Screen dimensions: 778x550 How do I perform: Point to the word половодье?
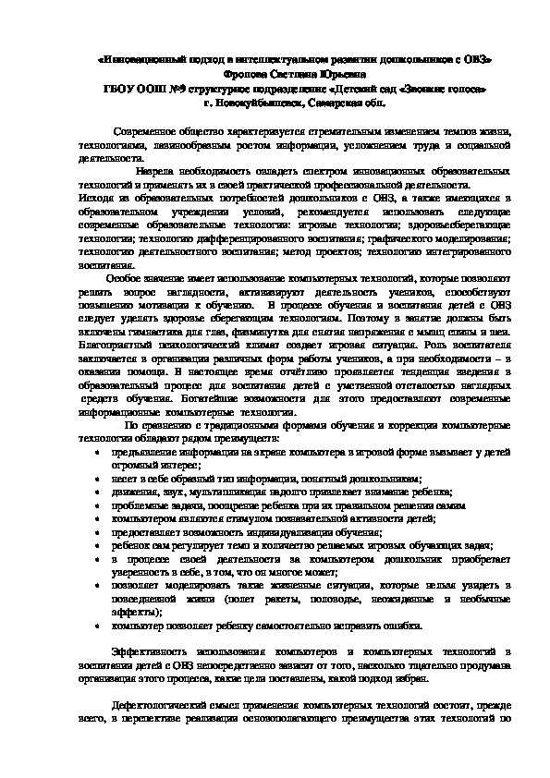pyautogui.click(x=315, y=599)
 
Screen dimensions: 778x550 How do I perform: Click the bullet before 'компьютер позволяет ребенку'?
pyautogui.click(x=99, y=626)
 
